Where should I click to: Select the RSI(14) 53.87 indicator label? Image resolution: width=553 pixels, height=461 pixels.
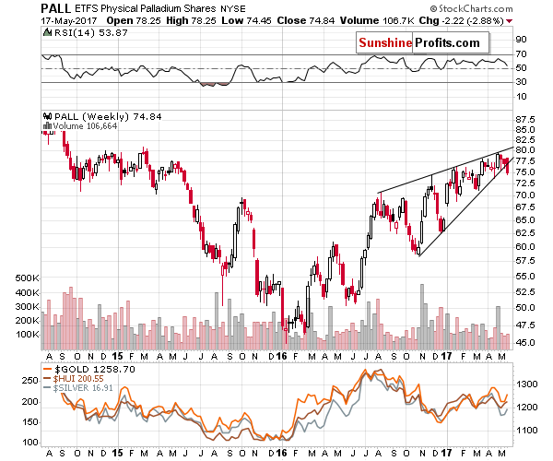(x=88, y=34)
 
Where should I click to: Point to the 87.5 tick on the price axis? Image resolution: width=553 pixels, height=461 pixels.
(x=526, y=119)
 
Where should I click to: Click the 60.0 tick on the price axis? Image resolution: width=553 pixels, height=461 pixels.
(x=526, y=246)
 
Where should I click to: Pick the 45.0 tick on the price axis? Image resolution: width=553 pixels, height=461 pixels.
(x=526, y=343)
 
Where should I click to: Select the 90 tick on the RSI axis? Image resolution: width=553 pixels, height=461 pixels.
(x=521, y=39)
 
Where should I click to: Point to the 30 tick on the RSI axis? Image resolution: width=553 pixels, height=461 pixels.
(x=521, y=83)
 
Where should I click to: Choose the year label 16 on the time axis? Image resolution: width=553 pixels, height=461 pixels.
(x=280, y=355)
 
